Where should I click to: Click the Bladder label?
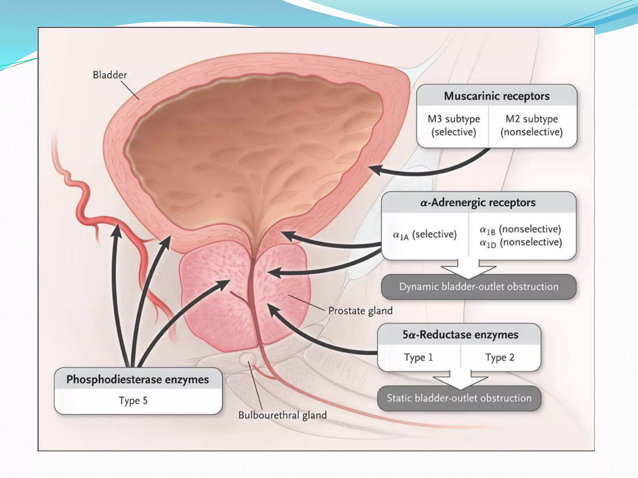[110, 75]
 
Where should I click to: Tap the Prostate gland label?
[360, 311]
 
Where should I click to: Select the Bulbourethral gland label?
[282, 415]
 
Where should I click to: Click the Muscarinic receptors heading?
[497, 96]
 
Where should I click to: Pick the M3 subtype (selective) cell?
[453, 125]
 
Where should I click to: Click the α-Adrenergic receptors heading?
[478, 203]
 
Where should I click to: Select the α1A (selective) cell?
[425, 235]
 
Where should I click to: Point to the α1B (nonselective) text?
[520, 230]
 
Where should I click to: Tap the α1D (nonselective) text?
[520, 243]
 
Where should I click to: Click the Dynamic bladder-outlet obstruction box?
[478, 287]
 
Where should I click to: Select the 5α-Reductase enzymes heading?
[460, 335]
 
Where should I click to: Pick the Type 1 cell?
[418, 357]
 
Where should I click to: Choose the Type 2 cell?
[500, 357]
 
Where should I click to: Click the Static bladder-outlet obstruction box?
[459, 398]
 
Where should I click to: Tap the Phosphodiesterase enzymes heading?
[138, 380]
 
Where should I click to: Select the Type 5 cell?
[133, 401]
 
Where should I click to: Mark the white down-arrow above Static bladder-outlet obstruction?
[460, 379]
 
